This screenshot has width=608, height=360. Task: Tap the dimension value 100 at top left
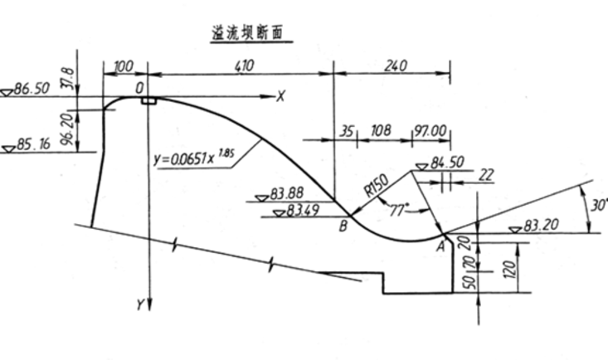(x=124, y=64)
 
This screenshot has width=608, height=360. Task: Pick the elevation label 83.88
(x=288, y=195)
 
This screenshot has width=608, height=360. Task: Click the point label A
(x=440, y=245)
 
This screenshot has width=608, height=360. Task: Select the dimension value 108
(x=381, y=131)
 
